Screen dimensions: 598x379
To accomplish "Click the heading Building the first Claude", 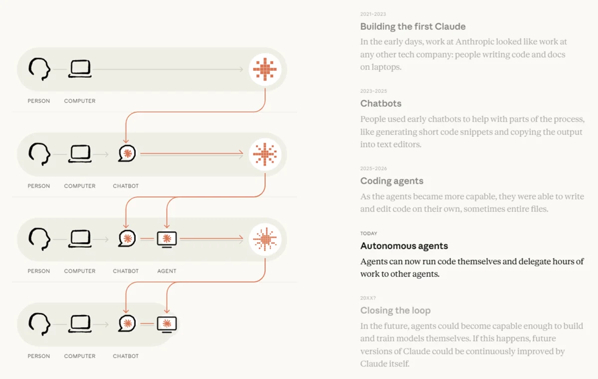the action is point(413,26).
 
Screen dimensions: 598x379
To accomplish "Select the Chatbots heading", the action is point(381,103).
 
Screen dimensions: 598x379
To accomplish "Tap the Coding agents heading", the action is point(392,181).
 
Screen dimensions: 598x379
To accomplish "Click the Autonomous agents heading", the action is point(404,246).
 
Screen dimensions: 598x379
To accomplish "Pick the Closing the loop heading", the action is point(395,310).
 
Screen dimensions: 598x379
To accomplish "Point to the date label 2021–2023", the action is point(373,14).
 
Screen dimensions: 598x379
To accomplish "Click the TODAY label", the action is point(369,233).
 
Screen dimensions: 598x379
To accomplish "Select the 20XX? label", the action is point(368,298).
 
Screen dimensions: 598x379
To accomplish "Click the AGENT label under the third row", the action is point(166,271).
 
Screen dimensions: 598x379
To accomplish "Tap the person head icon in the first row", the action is point(39,69).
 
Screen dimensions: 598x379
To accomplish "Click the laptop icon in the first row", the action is point(80,69).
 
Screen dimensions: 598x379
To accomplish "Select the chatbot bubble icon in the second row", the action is point(127,153).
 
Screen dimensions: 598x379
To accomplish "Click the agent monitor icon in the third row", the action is point(167,239).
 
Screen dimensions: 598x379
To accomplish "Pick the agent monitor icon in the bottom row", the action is point(167,324).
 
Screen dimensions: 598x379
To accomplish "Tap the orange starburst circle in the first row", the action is point(265,69).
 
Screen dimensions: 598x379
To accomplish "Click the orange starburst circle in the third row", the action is point(265,239).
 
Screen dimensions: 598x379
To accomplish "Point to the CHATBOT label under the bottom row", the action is point(126,356).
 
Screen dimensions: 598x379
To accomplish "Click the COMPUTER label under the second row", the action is point(80,186).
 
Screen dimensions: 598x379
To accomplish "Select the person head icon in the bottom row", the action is point(39,324).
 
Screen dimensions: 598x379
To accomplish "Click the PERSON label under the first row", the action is point(39,101).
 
